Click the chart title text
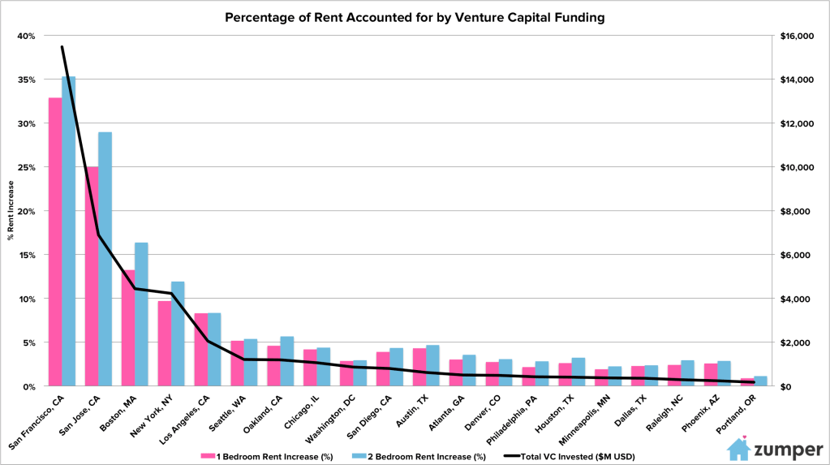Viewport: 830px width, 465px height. point(415,16)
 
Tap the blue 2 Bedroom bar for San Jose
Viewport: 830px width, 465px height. point(105,259)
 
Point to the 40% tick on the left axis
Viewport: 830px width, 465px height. point(28,37)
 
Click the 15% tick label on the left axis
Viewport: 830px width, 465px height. point(28,255)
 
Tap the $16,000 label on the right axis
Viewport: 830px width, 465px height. point(798,37)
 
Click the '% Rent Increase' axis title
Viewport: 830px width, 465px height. point(11,211)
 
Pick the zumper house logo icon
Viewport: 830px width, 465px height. point(738,449)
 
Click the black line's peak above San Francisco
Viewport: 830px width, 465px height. point(62,47)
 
